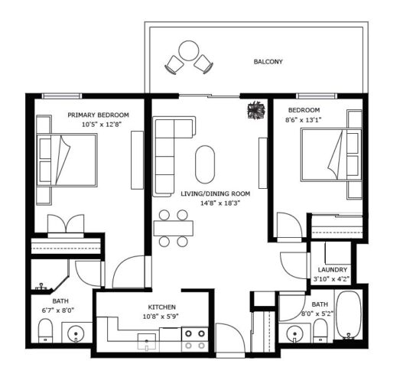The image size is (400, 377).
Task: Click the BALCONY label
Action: [x=268, y=62]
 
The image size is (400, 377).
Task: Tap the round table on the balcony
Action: [x=189, y=50]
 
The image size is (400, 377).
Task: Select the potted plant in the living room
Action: [x=256, y=110]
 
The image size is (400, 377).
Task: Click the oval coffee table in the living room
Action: [x=205, y=164]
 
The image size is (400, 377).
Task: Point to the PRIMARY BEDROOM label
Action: [x=98, y=115]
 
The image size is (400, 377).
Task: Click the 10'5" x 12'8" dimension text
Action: [x=101, y=125]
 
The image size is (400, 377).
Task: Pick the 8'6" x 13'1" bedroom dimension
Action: [x=303, y=120]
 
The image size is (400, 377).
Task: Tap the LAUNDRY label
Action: [x=333, y=270]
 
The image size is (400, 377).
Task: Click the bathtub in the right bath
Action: [x=348, y=315]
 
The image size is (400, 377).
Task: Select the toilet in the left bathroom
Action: [x=45, y=330]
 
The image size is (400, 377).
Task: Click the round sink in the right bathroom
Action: [x=294, y=333]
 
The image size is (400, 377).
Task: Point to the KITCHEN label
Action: [x=161, y=307]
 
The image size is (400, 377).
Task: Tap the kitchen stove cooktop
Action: [x=195, y=340]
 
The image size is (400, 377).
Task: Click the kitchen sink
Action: [x=147, y=341]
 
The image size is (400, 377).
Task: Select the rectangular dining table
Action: [x=173, y=229]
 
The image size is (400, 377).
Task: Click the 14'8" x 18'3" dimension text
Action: [x=220, y=203]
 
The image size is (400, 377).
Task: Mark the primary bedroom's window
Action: [x=61, y=96]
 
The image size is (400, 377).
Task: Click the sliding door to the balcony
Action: [x=210, y=96]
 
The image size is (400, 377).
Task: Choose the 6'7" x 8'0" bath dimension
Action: [x=58, y=310]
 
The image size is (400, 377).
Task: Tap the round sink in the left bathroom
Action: [x=76, y=333]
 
